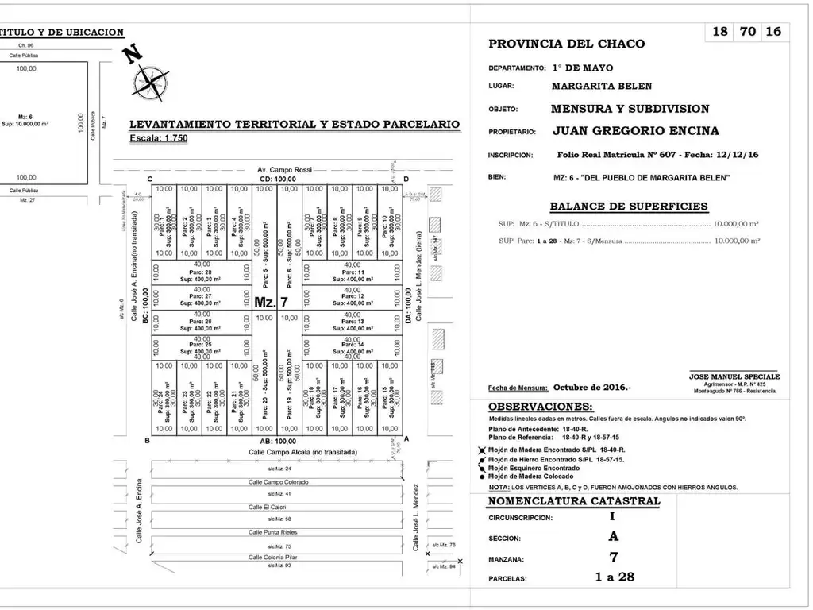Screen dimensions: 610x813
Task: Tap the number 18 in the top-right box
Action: pyautogui.click(x=720, y=32)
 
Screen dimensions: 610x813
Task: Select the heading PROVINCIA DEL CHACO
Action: pyautogui.click(x=566, y=44)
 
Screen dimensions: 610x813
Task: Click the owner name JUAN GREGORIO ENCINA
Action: pyautogui.click(x=635, y=131)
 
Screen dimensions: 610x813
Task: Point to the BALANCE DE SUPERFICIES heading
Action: pyautogui.click(x=628, y=207)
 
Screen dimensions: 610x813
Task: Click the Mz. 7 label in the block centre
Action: pyautogui.click(x=272, y=302)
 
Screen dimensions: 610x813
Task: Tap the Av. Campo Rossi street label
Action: pyautogui.click(x=285, y=169)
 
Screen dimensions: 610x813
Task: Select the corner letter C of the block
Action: pyautogui.click(x=149, y=179)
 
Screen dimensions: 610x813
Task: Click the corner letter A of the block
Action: pyautogui.click(x=406, y=439)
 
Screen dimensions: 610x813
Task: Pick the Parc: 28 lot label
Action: pyautogui.click(x=202, y=272)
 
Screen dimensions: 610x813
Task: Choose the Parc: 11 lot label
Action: pyautogui.click(x=354, y=272)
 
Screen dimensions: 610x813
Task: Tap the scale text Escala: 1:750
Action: pyautogui.click(x=159, y=138)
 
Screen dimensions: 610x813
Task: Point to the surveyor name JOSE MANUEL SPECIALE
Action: pyautogui.click(x=734, y=376)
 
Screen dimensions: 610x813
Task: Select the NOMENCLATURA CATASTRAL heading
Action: pyautogui.click(x=573, y=501)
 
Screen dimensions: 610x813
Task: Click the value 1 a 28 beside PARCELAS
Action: pyautogui.click(x=615, y=577)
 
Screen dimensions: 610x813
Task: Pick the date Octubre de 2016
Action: pyautogui.click(x=592, y=388)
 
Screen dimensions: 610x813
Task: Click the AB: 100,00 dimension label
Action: pyautogui.click(x=277, y=441)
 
